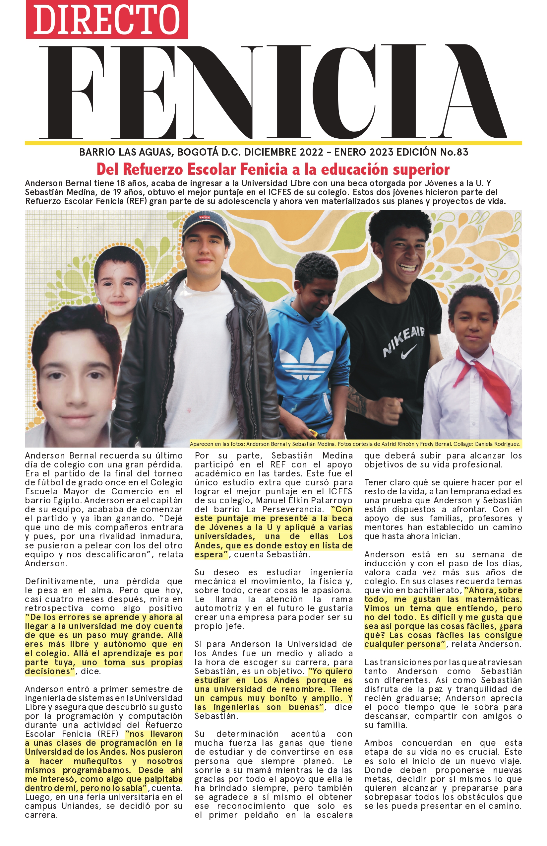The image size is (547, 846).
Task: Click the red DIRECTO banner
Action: tap(106, 19)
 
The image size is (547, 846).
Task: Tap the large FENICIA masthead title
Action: tap(273, 93)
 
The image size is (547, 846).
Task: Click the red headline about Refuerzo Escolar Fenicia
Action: tap(273, 170)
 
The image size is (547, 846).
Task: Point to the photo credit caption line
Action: tap(355, 444)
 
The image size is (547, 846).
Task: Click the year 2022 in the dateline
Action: tap(311, 152)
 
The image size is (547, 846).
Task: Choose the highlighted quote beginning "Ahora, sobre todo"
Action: tap(443, 617)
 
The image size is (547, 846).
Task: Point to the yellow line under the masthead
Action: tap(273, 143)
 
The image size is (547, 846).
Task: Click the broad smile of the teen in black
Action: tap(408, 267)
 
